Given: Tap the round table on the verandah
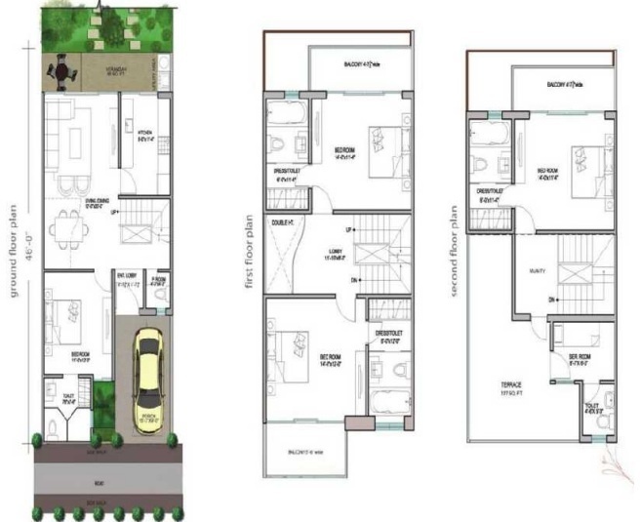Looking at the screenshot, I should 61,72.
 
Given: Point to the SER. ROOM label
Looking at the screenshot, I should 581,357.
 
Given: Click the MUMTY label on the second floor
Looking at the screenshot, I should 536,271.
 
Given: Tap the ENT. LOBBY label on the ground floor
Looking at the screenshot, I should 127,278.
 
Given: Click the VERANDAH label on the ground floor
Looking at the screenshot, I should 119,68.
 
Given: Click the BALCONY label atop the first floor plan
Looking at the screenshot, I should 354,65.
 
